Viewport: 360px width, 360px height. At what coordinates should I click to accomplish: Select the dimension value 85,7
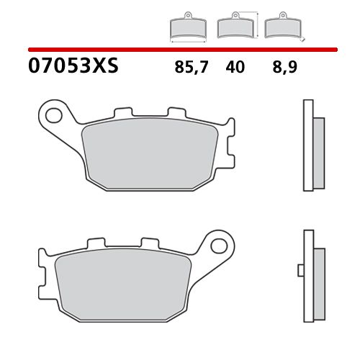coord(189,68)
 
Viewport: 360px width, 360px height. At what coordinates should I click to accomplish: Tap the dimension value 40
coord(235,68)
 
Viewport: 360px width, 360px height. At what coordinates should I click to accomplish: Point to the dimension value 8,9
coord(284,68)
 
